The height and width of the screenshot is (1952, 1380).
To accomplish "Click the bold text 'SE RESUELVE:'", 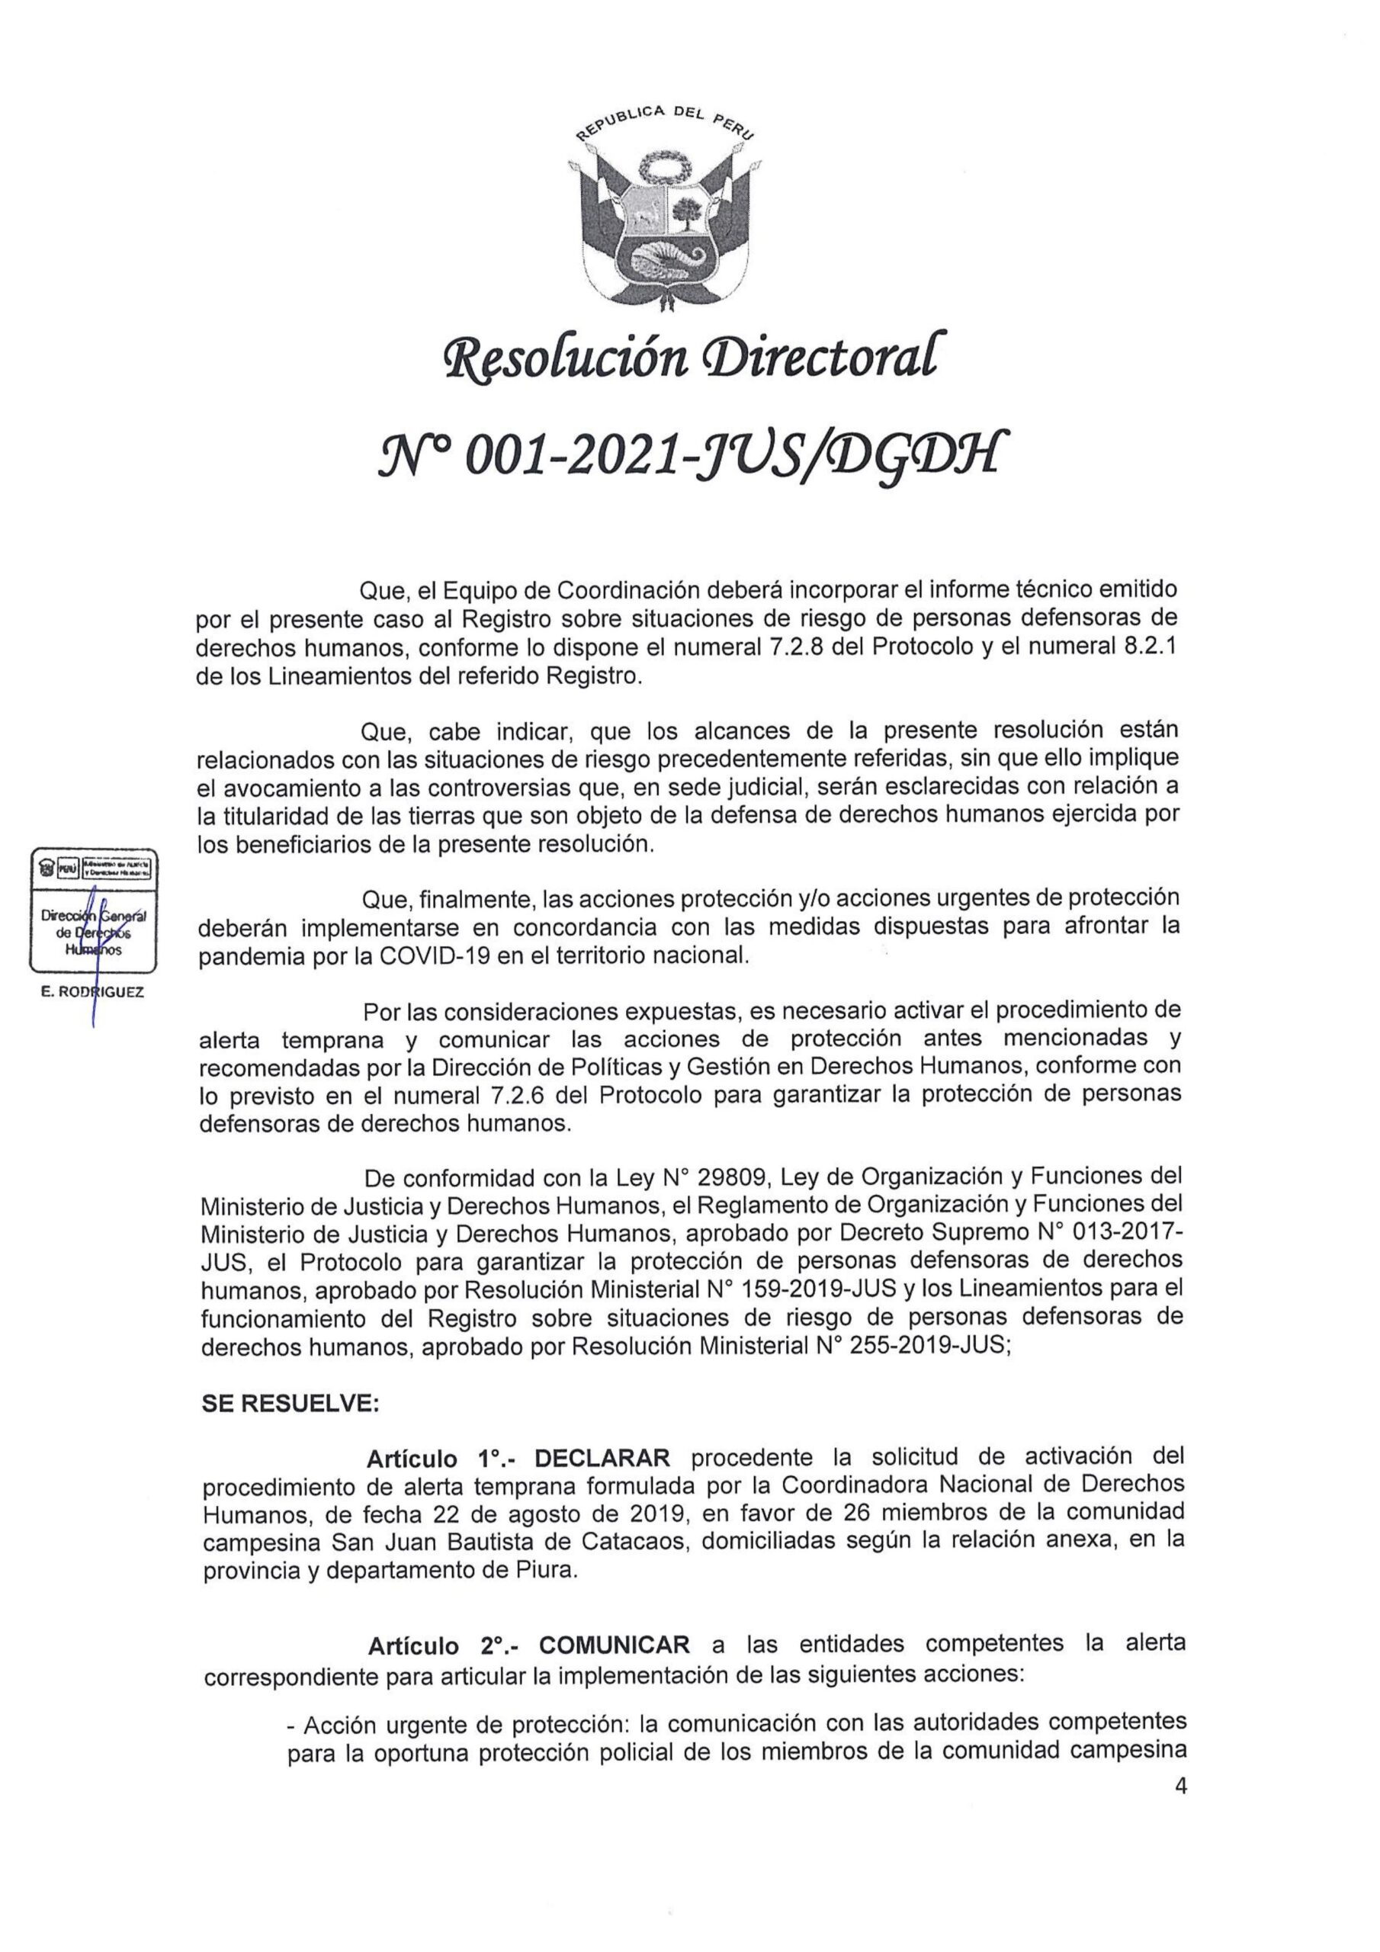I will [x=290, y=1403].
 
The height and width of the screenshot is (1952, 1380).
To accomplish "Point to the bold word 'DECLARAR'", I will [x=602, y=1457].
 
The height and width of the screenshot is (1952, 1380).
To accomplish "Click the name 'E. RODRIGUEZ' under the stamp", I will [x=93, y=991].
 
